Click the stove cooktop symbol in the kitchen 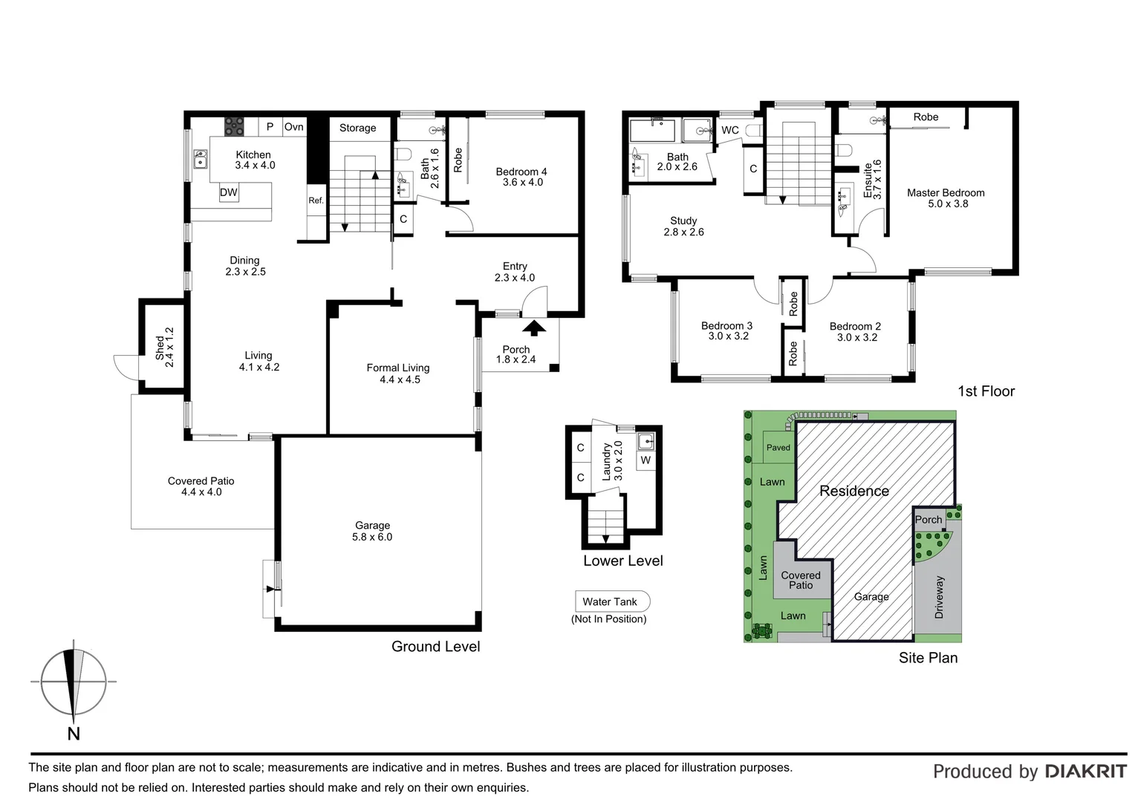click(x=235, y=126)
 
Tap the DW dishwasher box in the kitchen click(x=229, y=192)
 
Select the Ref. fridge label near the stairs click(x=316, y=200)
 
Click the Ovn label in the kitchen click(x=294, y=127)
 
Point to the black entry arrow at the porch click(x=534, y=327)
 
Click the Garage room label click(x=372, y=531)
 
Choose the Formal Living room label click(x=398, y=374)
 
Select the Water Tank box click(x=611, y=601)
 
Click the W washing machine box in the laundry click(x=645, y=460)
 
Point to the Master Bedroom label click(x=946, y=198)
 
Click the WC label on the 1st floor click(x=730, y=130)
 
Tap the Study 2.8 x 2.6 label click(x=683, y=226)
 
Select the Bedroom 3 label click(x=726, y=330)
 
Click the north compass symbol click(x=73, y=682)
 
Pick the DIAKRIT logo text click(x=1085, y=772)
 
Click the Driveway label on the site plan click(x=939, y=597)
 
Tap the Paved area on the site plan click(x=778, y=447)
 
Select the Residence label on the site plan click(x=854, y=491)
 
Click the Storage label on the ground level click(x=358, y=128)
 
